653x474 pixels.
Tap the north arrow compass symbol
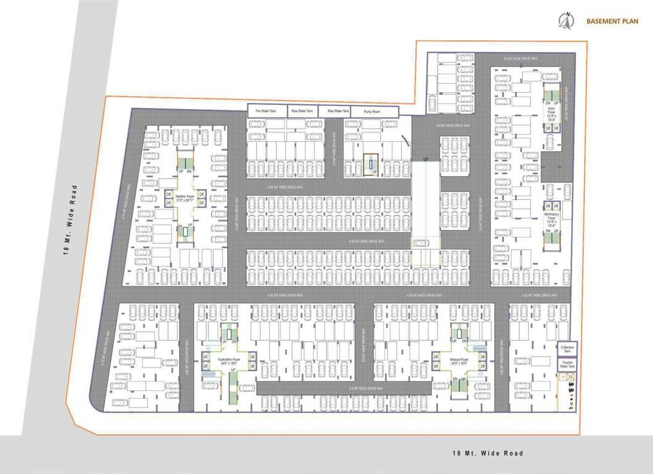click(x=564, y=21)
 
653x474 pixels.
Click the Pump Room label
click(x=372, y=111)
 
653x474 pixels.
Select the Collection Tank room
click(x=567, y=349)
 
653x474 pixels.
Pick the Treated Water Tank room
click(x=567, y=365)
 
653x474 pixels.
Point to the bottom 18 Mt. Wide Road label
click(x=487, y=454)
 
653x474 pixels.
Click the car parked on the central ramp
click(x=422, y=243)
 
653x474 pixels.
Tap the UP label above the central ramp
click(x=425, y=160)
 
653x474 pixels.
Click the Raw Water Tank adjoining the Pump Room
click(x=338, y=111)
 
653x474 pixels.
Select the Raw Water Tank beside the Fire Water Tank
click(x=302, y=111)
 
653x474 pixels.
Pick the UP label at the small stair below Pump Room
click(x=373, y=172)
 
